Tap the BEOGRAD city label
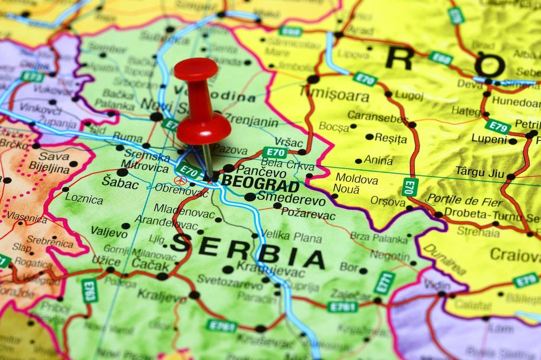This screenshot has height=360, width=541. [x=260, y=183]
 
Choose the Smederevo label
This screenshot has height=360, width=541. [x=292, y=200]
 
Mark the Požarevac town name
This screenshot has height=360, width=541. [x=308, y=214]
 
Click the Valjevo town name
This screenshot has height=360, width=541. [x=109, y=232]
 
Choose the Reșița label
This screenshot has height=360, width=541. [x=390, y=138]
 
